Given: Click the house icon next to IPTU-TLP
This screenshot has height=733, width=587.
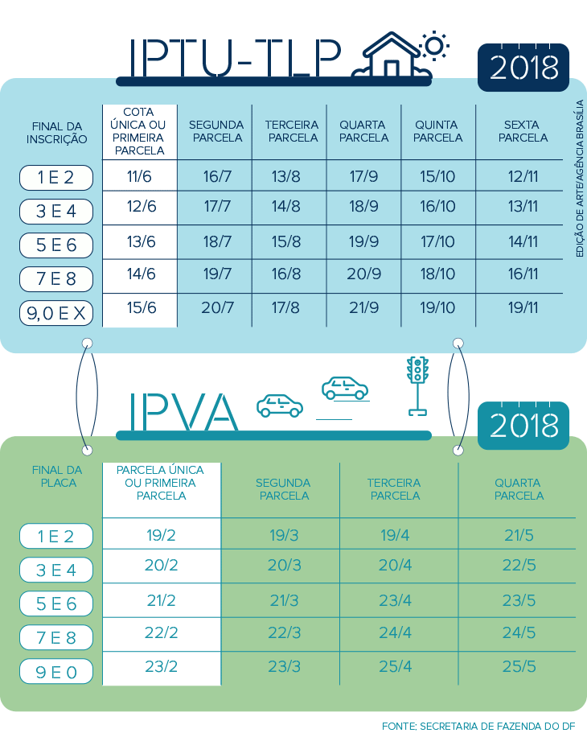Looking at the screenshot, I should pyautogui.click(x=392, y=56).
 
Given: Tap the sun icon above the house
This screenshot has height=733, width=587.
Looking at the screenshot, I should pyautogui.click(x=434, y=45).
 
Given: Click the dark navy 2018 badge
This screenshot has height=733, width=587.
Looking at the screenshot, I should pyautogui.click(x=523, y=68).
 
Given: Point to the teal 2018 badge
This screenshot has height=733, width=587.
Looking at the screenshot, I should pyautogui.click(x=523, y=424).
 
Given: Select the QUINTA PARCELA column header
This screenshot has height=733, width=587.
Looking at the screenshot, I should pyautogui.click(x=439, y=131).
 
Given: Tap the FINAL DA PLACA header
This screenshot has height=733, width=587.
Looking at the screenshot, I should pyautogui.click(x=56, y=476).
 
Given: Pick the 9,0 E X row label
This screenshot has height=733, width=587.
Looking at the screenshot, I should pyautogui.click(x=56, y=314).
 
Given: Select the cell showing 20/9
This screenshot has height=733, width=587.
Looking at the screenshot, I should pyautogui.click(x=363, y=274).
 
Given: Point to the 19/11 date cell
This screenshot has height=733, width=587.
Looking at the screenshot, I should pyautogui.click(x=523, y=307).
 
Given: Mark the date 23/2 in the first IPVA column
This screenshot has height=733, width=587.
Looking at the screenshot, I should pyautogui.click(x=162, y=666).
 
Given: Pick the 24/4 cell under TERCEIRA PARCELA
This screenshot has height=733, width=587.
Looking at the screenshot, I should pyautogui.click(x=395, y=633).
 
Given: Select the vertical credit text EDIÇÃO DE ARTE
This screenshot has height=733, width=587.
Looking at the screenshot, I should pyautogui.click(x=579, y=179).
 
